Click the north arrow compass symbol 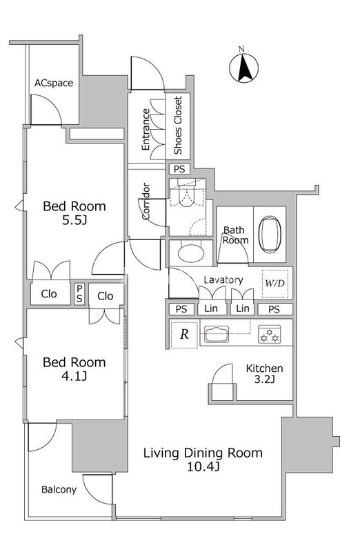click(x=244, y=67)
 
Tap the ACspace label click(x=54, y=83)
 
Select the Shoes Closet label click(x=178, y=126)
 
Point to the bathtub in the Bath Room click(x=270, y=235)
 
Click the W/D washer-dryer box click(x=275, y=283)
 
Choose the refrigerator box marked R click(x=184, y=334)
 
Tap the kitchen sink click(x=217, y=334)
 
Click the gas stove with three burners click(x=270, y=334)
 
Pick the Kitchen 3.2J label click(x=265, y=373)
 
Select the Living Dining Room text click(x=203, y=453)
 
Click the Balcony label click(x=59, y=490)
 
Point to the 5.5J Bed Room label click(x=74, y=213)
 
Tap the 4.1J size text click(x=74, y=377)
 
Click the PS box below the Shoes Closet click(x=179, y=169)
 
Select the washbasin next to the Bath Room click(x=191, y=253)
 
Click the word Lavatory click(x=223, y=280)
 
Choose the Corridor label click(x=146, y=201)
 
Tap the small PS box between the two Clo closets click(x=79, y=294)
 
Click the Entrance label click(x=146, y=130)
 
